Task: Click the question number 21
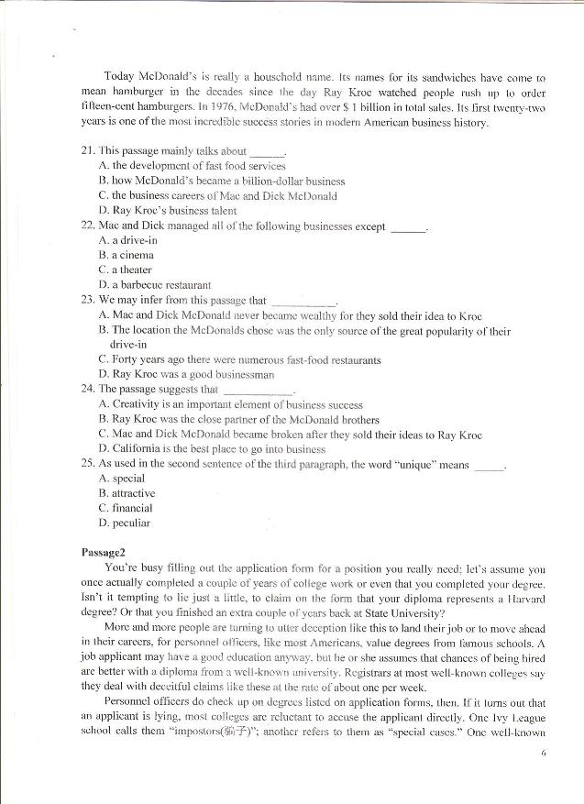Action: click(x=87, y=151)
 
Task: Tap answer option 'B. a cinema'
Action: click(x=126, y=255)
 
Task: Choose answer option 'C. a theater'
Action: click(x=126, y=270)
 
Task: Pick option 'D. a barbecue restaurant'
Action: click(x=154, y=284)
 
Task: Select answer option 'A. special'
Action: click(x=121, y=479)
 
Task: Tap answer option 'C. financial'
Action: click(x=126, y=508)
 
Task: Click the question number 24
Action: click(x=87, y=389)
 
